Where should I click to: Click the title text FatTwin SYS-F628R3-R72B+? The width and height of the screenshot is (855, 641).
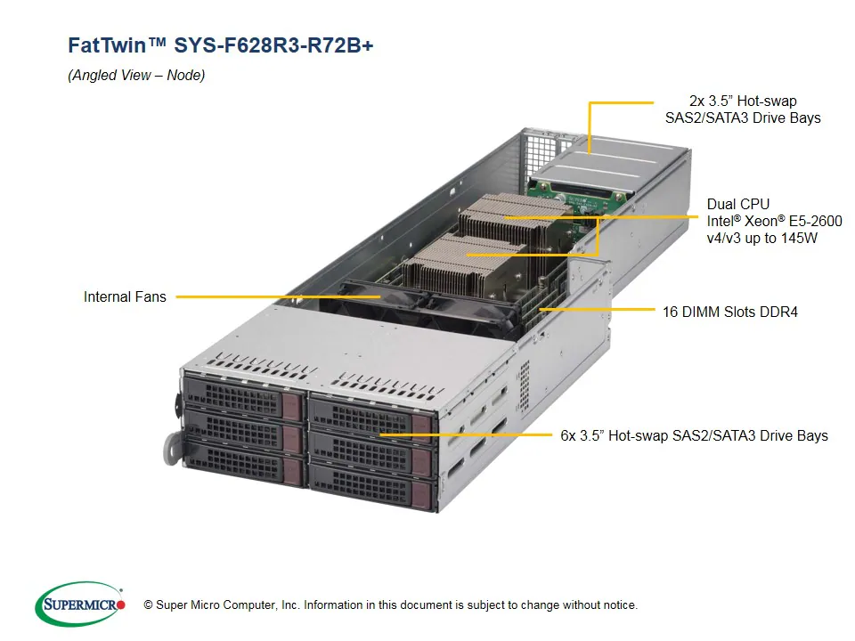[221, 45]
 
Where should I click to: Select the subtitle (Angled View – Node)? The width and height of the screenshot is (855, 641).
[136, 76]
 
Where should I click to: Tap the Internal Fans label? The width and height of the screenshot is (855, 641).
[125, 296]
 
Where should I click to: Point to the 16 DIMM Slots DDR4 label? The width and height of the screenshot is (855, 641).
[729, 312]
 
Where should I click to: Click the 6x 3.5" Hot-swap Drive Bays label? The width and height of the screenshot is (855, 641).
[694, 435]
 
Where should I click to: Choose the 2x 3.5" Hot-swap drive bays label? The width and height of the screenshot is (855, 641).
[742, 109]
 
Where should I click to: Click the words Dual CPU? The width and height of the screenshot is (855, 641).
[737, 204]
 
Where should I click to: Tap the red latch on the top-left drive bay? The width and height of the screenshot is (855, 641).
[291, 403]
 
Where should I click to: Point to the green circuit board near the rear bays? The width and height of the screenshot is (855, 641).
[570, 188]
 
